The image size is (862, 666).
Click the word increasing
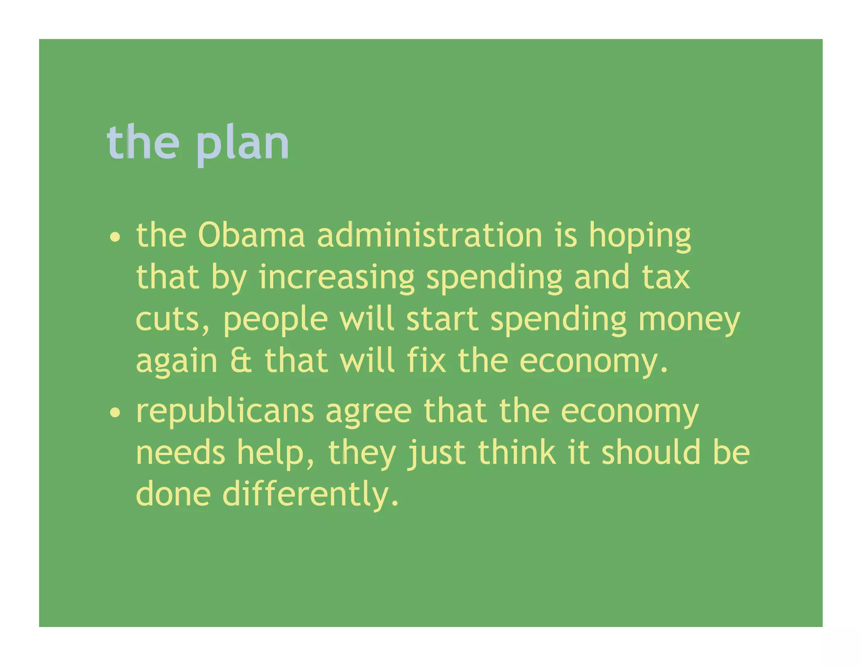337,278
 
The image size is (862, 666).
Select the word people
275,320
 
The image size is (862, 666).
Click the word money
689,320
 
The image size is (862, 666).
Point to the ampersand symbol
241,361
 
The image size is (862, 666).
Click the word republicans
225,411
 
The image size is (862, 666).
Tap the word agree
369,413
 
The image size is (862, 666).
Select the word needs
181,453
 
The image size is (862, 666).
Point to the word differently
310,494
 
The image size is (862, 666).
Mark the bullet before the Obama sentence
114,237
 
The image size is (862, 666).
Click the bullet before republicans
114,413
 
